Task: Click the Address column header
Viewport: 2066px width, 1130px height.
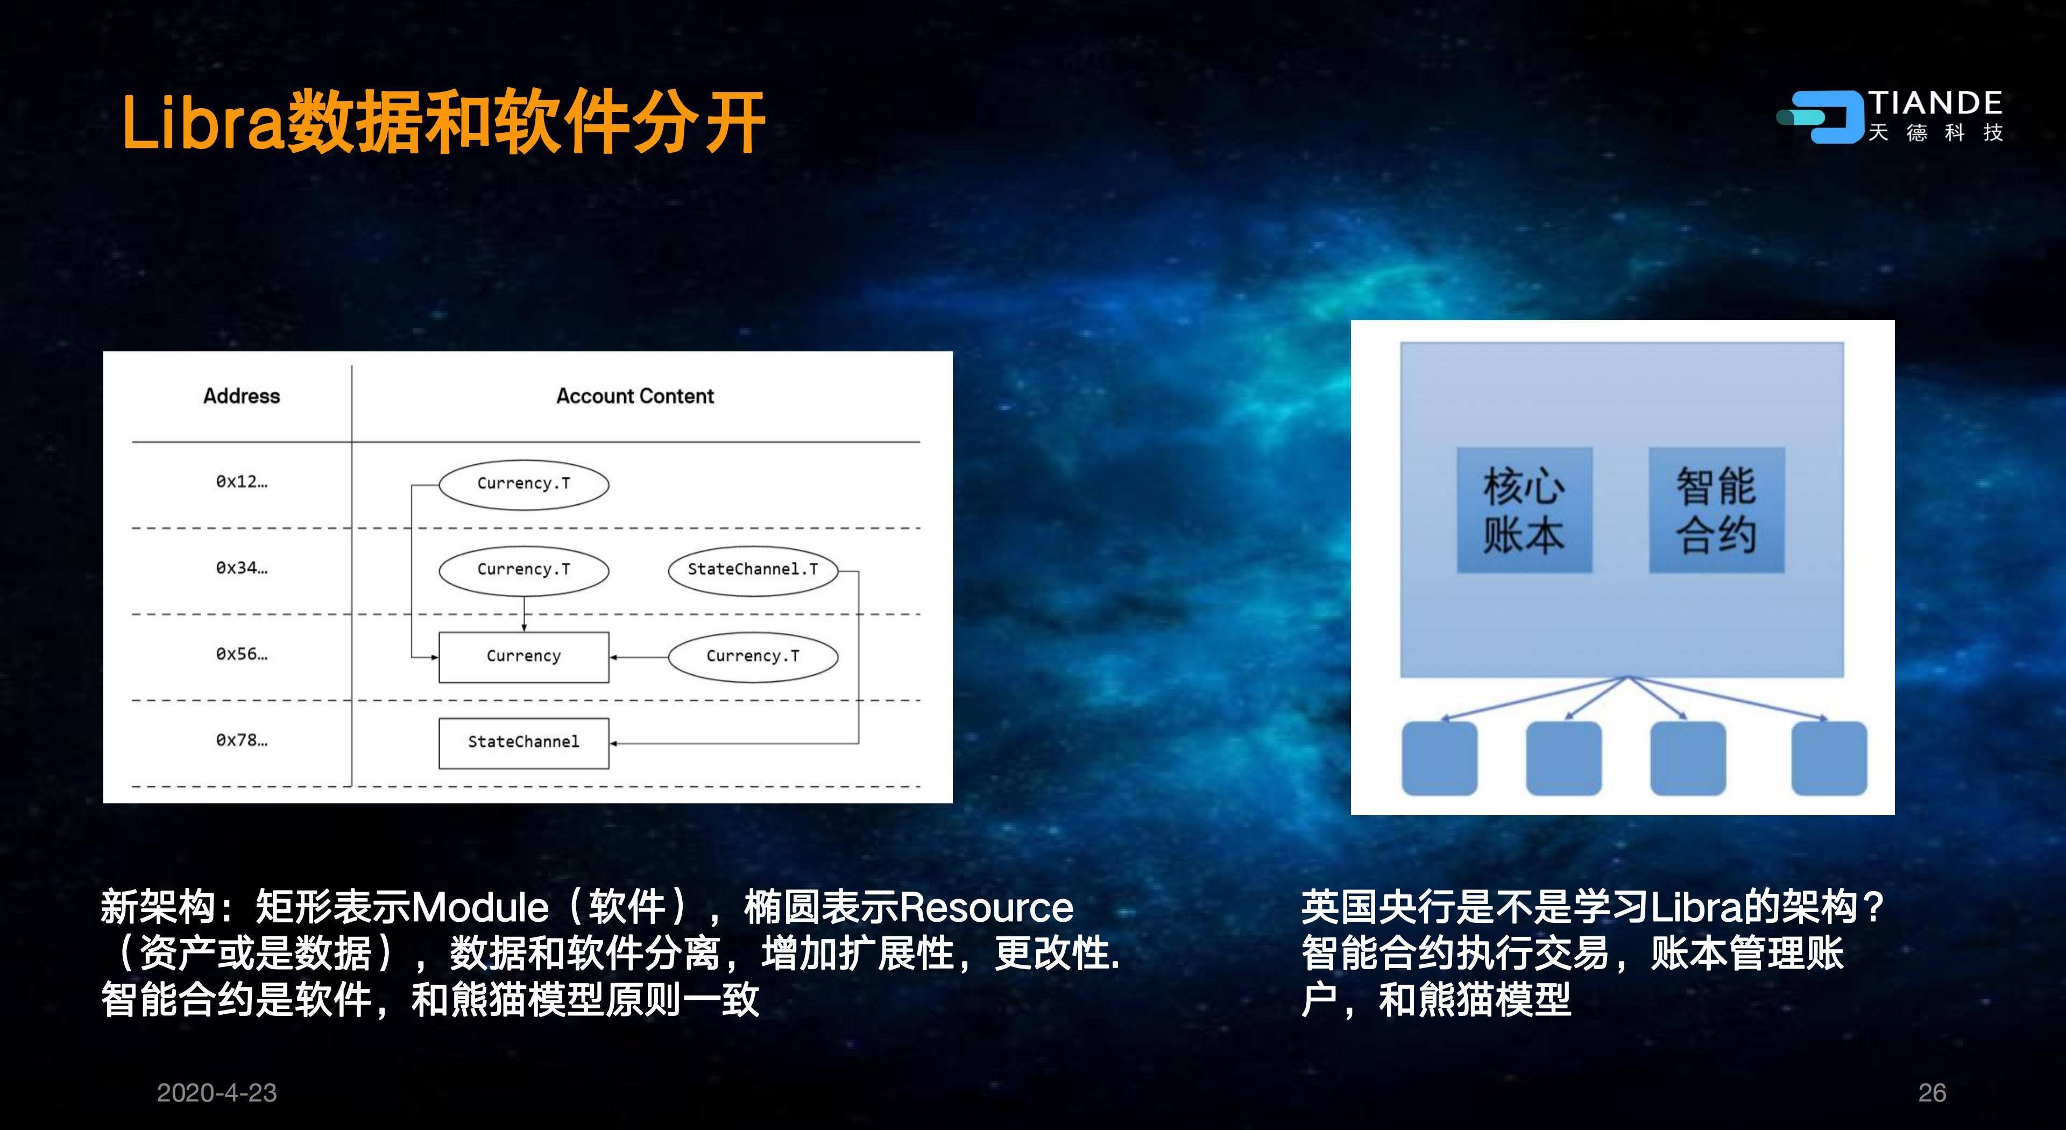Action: (x=242, y=396)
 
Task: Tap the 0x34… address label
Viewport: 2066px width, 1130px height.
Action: (x=242, y=568)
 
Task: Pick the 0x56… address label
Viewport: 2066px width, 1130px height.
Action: (x=242, y=654)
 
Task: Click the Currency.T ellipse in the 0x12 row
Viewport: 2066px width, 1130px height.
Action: (x=523, y=484)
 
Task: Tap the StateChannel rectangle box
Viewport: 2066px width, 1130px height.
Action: (x=523, y=743)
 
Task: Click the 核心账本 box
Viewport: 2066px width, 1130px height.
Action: (x=1524, y=510)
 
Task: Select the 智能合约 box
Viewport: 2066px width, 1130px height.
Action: (x=1716, y=510)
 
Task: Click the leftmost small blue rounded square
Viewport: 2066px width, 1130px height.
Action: (x=1440, y=758)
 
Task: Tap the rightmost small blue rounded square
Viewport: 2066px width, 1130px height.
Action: (x=1829, y=758)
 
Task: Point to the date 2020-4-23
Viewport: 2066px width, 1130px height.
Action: (x=216, y=1092)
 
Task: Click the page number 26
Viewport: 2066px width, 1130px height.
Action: (x=1932, y=1092)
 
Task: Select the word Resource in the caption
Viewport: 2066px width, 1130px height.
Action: (x=987, y=908)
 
